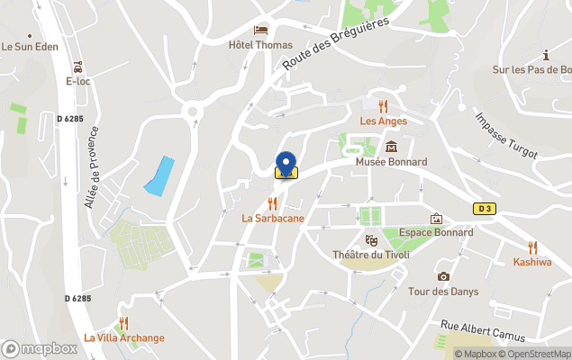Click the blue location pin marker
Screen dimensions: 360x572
(x=286, y=163)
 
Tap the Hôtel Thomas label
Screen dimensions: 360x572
(x=261, y=45)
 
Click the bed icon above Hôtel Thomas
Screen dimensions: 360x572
(x=261, y=31)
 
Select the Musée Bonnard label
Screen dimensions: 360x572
(x=391, y=162)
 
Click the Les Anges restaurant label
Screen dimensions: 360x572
(x=384, y=121)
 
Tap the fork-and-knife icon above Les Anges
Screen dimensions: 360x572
(x=384, y=106)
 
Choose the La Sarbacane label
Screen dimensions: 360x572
(x=272, y=218)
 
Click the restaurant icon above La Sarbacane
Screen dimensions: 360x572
(x=272, y=203)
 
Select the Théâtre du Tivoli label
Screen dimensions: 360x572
(x=371, y=255)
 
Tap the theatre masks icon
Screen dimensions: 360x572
(x=371, y=240)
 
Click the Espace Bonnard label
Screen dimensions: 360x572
(x=436, y=232)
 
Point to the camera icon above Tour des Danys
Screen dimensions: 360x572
(x=443, y=276)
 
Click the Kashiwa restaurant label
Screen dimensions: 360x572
(x=532, y=262)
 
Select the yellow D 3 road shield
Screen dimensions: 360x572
(x=485, y=209)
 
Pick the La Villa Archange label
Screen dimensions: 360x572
(x=124, y=337)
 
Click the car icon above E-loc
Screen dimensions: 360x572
(x=78, y=67)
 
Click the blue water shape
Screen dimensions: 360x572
(x=159, y=176)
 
